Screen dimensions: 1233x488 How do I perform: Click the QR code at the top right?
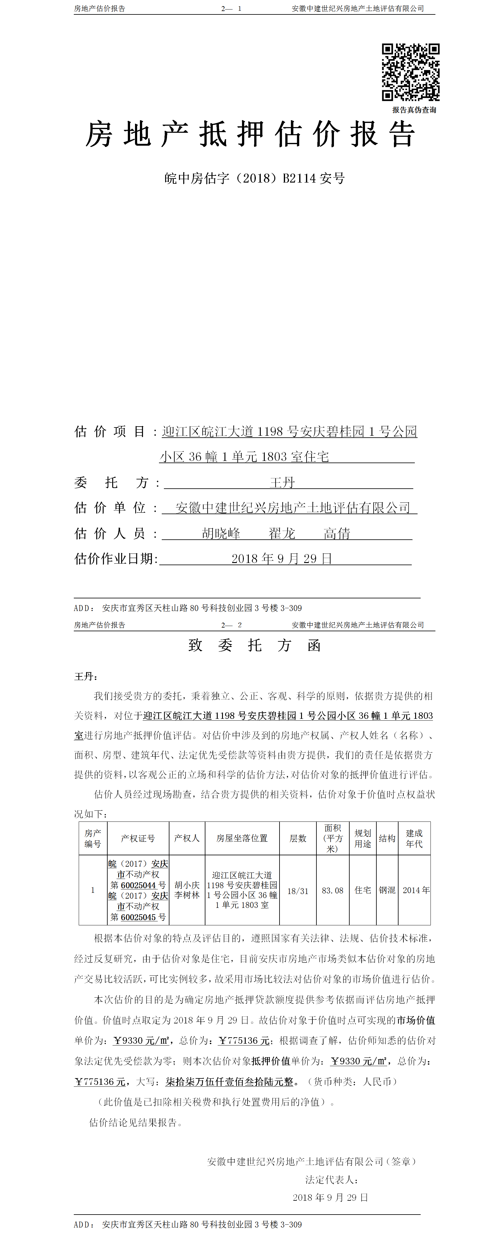tap(411, 72)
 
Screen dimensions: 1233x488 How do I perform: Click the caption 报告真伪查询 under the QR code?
tap(414, 110)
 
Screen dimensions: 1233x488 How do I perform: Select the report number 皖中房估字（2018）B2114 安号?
tap(254, 179)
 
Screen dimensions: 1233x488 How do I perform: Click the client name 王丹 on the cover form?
tap(282, 483)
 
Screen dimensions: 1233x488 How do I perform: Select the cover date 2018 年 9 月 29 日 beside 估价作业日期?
tap(282, 559)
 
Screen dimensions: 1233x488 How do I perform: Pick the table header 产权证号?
tap(138, 838)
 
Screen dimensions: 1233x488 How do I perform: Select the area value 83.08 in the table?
tap(332, 891)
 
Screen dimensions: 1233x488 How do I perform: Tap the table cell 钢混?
tap(387, 890)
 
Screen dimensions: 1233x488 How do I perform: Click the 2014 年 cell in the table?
tap(416, 890)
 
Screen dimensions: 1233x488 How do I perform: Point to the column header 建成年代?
tap(414, 838)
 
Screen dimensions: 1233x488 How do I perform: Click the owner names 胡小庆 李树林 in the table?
tap(187, 890)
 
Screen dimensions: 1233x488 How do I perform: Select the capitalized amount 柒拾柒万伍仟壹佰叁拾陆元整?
tap(229, 1082)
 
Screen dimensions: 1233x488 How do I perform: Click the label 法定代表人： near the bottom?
tap(332, 1180)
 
